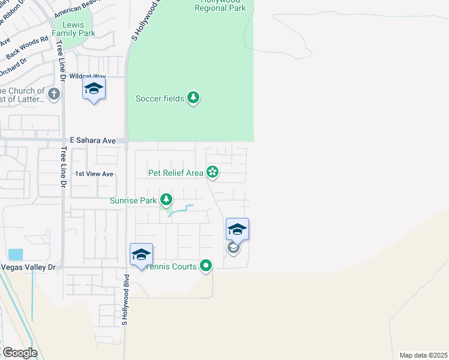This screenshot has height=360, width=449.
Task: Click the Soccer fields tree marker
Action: click(193, 98)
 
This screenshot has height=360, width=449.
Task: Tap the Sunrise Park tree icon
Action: click(166, 200)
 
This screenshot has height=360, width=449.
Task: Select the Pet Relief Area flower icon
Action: click(212, 173)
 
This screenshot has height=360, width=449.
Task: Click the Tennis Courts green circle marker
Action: click(206, 265)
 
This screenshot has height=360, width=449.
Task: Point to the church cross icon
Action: click(54, 94)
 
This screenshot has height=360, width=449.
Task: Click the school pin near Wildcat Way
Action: click(94, 89)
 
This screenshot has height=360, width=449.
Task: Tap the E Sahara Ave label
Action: click(92, 140)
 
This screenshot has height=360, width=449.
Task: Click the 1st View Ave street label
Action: click(94, 174)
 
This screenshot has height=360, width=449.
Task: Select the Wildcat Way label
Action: click(88, 76)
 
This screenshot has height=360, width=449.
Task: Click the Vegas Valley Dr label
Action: click(28, 267)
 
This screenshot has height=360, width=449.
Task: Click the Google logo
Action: click(20, 353)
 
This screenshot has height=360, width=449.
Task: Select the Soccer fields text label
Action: click(160, 98)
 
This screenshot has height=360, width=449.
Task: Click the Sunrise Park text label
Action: click(133, 200)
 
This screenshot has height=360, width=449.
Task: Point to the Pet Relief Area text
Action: click(176, 173)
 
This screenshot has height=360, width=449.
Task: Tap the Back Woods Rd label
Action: click(27, 49)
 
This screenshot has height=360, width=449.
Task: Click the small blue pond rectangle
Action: click(16, 254)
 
